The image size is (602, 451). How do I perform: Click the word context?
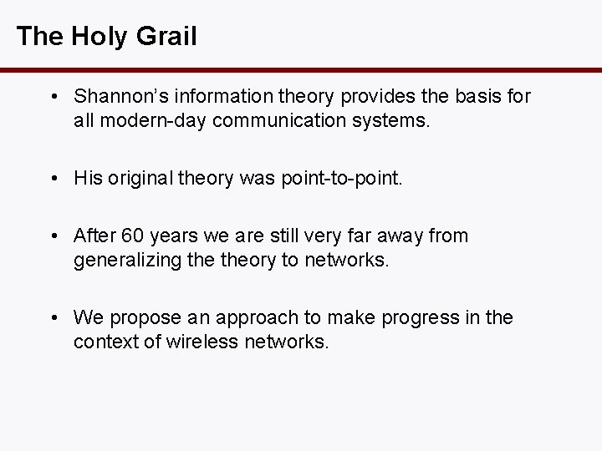pos(101,341)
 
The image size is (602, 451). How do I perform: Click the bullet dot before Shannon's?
pos(54,97)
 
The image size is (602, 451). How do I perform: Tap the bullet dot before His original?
pos(54,178)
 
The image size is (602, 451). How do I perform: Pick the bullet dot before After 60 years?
pos(54,236)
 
